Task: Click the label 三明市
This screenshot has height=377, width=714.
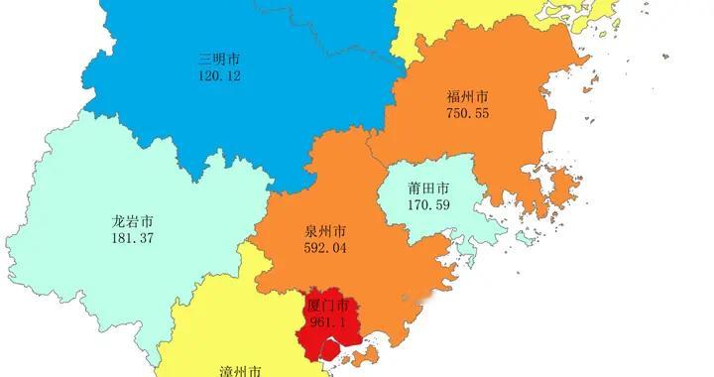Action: (219, 58)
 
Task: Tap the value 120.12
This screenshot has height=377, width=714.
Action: (219, 74)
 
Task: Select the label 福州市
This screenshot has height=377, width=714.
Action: (467, 97)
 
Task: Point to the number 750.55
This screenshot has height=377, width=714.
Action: (467, 114)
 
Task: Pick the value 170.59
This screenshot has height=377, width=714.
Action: (427, 205)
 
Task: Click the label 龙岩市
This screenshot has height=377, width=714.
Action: (132, 221)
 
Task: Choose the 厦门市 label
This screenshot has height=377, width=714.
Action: (328, 305)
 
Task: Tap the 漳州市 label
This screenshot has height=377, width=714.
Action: (240, 370)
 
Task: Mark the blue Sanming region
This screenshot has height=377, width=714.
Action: (248, 119)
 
